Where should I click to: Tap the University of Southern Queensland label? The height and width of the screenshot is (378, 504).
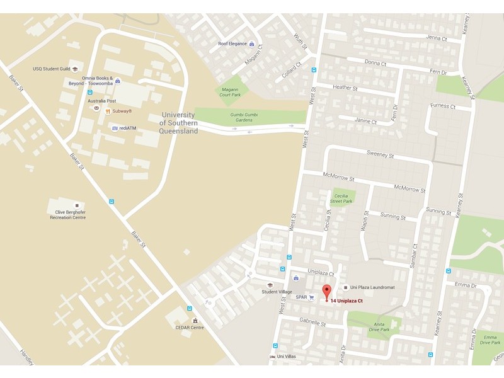pos(180,123)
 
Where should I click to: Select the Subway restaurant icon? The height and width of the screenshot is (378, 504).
pos(108,112)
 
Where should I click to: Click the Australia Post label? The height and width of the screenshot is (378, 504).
pos(101,101)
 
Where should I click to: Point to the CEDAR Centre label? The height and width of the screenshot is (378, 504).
pos(189,328)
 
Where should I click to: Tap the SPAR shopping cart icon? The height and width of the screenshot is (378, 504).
pos(311,297)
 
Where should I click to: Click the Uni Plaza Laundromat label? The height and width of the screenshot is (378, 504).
pos(372,287)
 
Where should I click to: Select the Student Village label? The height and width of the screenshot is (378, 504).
pos(277,292)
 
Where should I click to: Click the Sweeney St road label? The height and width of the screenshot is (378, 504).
pos(380,155)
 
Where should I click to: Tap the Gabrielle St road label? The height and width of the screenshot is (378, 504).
pos(312,323)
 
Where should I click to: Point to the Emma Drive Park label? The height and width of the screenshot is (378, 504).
pos(489,340)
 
